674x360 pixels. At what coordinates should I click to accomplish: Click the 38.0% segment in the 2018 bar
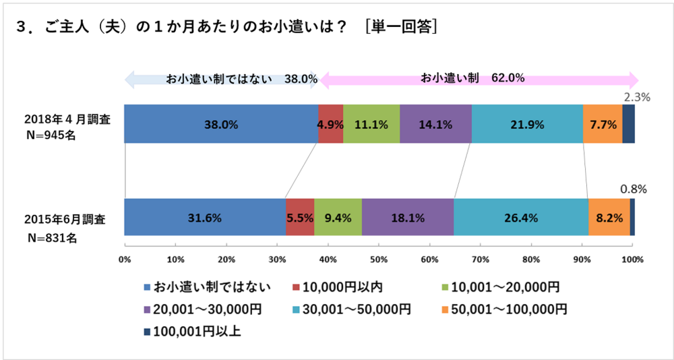click(x=221, y=124)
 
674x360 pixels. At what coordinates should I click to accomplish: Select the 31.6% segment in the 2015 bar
click(x=205, y=218)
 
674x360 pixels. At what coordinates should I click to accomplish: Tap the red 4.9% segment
click(x=330, y=124)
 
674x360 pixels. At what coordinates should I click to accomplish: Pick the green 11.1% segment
click(x=371, y=124)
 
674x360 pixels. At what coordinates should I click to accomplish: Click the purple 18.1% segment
click(x=407, y=218)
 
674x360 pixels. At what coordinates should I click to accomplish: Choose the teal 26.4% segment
click(x=520, y=218)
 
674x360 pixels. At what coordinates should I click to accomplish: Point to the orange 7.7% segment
click(x=602, y=124)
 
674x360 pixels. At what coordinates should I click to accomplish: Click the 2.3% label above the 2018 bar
click(x=636, y=97)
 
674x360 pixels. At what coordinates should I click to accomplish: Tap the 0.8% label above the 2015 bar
click(x=634, y=190)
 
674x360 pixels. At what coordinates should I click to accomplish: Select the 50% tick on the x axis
click(x=379, y=260)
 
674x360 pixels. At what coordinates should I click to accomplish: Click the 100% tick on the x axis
click(x=632, y=260)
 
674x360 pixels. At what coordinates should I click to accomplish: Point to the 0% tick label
click(x=125, y=260)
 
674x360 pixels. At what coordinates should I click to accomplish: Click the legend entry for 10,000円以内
click(x=340, y=287)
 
